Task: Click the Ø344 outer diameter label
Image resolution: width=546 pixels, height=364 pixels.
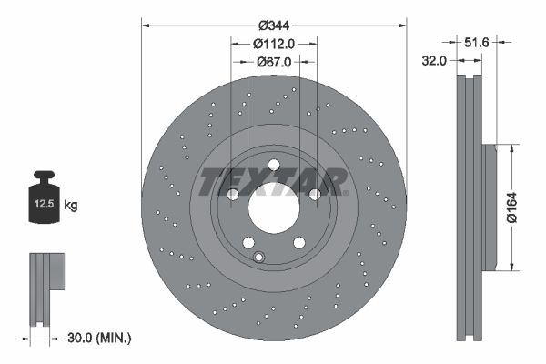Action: coord(273,25)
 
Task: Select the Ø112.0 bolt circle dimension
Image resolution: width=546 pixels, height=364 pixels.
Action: coord(273,43)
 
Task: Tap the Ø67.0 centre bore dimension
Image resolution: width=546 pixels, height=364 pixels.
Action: coord(273,62)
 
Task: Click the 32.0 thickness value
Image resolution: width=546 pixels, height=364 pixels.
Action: coord(434,61)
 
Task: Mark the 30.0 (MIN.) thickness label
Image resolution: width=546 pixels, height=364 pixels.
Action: coord(100,338)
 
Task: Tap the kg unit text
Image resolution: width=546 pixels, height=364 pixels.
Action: coord(71,206)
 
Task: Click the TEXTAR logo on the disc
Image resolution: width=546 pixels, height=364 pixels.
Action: coord(273,182)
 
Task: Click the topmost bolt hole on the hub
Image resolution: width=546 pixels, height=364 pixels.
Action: coord(273,164)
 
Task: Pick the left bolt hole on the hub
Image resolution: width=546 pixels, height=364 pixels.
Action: coord(232,194)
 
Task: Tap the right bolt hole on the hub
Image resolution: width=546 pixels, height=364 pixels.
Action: coord(314,194)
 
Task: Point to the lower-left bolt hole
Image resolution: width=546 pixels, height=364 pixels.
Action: coord(248,241)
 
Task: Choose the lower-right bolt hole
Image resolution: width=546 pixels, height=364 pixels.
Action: coord(298,241)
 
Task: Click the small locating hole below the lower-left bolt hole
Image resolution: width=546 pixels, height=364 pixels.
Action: coord(258,257)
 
